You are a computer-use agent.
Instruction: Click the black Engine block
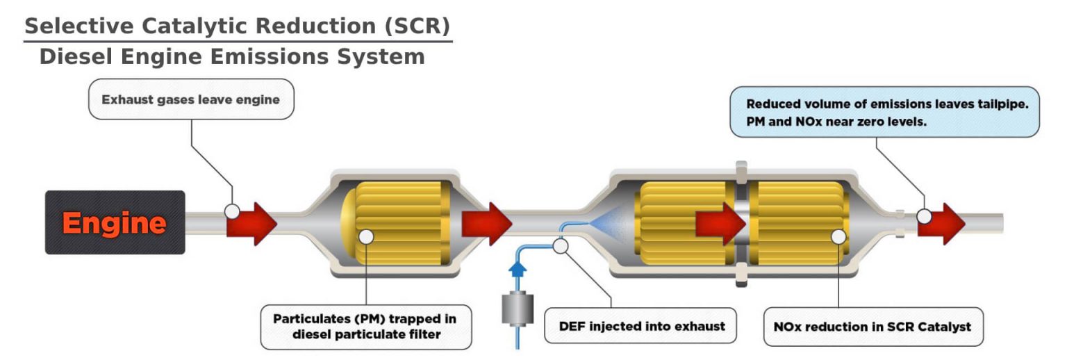(x=115, y=222)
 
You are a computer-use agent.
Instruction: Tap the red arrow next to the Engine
(x=254, y=223)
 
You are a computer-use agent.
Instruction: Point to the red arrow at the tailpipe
(x=945, y=223)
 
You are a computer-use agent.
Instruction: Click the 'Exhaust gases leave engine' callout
(x=190, y=99)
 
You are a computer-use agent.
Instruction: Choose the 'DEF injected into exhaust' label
(x=642, y=326)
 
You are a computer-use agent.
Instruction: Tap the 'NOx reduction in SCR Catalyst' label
(x=872, y=326)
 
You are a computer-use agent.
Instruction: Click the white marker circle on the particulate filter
(x=365, y=236)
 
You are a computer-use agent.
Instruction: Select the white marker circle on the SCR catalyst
(x=838, y=236)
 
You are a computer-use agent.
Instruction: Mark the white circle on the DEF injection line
(x=561, y=245)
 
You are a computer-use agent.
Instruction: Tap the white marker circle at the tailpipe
(x=924, y=216)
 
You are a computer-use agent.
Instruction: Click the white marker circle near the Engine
(x=233, y=211)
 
